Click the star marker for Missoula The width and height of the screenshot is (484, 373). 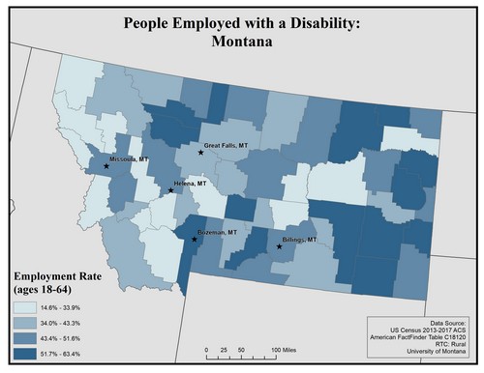pos(106,166)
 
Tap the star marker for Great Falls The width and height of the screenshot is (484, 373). pos(201,152)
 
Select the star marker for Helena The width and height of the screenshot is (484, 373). pos(171,190)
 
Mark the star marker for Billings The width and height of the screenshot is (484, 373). pos(280,247)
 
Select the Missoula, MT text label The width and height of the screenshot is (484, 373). pos(130,158)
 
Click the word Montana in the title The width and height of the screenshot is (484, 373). pos(242,43)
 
